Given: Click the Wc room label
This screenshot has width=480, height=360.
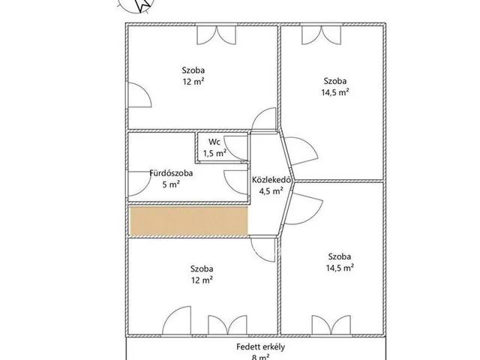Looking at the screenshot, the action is pyautogui.click(x=214, y=142).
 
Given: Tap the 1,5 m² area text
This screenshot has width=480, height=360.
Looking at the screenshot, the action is pyautogui.click(x=215, y=153).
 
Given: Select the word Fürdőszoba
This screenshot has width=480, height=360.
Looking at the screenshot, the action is pyautogui.click(x=171, y=173).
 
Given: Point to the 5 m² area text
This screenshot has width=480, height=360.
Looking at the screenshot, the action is pyautogui.click(x=171, y=184).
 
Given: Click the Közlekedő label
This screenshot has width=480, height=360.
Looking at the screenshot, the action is pyautogui.click(x=271, y=180).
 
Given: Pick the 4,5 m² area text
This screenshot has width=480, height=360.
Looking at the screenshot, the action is pyautogui.click(x=271, y=191).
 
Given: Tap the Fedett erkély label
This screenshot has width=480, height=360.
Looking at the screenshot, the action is pyautogui.click(x=260, y=346).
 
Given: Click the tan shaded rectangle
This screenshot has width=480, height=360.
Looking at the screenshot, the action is pyautogui.click(x=189, y=221).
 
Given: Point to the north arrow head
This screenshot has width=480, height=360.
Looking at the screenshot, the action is pyautogui.click(x=142, y=4).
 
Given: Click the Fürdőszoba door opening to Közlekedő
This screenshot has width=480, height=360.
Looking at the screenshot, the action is pyautogui.click(x=235, y=182).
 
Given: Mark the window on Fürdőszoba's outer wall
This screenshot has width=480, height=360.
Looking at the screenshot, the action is pyautogui.click(x=139, y=184).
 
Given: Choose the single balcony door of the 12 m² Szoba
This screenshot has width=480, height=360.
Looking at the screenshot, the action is pyautogui.click(x=176, y=320).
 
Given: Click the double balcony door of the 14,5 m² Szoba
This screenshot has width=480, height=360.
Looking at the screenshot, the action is pyautogui.click(x=331, y=325).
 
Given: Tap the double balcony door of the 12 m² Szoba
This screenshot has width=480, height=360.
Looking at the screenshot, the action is pyautogui.click(x=227, y=325).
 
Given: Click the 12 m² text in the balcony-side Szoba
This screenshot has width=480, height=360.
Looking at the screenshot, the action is pyautogui.click(x=202, y=280).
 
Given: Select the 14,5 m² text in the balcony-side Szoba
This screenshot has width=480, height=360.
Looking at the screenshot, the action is pyautogui.click(x=340, y=268).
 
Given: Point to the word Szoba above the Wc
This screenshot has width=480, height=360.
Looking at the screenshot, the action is pyautogui.click(x=193, y=70).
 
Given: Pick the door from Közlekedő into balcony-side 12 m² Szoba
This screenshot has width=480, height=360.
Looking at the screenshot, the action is pyautogui.click(x=263, y=250).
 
